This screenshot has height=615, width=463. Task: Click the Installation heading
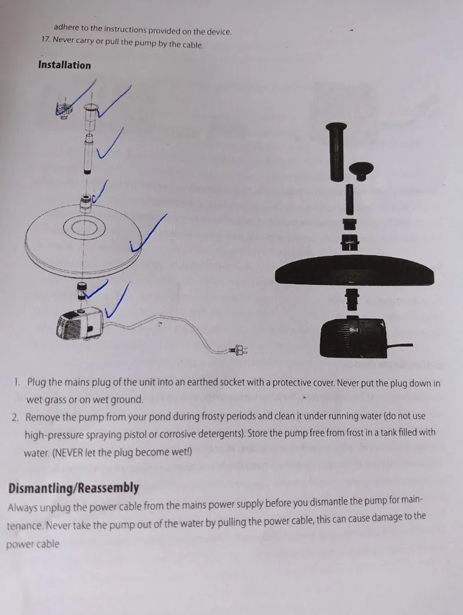pos(64,65)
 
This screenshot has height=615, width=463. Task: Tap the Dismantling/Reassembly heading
pos(74,488)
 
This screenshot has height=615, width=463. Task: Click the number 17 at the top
pos(46,39)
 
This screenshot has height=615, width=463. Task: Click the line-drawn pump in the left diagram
pos(80,323)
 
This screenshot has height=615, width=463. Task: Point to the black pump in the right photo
pos(354,337)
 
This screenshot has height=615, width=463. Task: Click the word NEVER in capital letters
pos(68,453)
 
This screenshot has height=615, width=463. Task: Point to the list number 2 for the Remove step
pos(15,417)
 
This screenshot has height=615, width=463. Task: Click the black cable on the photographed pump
pos(399,346)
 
